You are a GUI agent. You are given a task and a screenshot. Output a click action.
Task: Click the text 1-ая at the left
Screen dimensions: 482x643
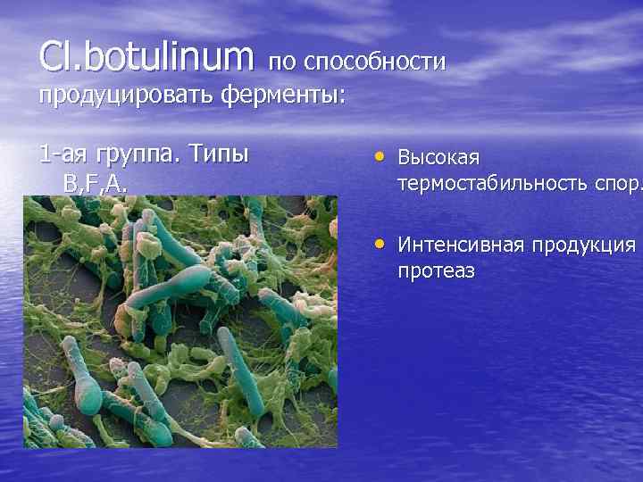point(63,154)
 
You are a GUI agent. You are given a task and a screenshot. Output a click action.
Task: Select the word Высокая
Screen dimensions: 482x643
point(438,158)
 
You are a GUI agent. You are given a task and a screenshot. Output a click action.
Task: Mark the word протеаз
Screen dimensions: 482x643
point(436,270)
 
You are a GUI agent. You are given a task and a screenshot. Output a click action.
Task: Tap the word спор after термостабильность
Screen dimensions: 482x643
point(615,184)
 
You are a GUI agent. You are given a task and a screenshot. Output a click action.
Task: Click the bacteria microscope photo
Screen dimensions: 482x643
point(180,321)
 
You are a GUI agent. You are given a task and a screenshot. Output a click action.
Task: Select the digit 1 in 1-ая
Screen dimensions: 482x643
point(45,154)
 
